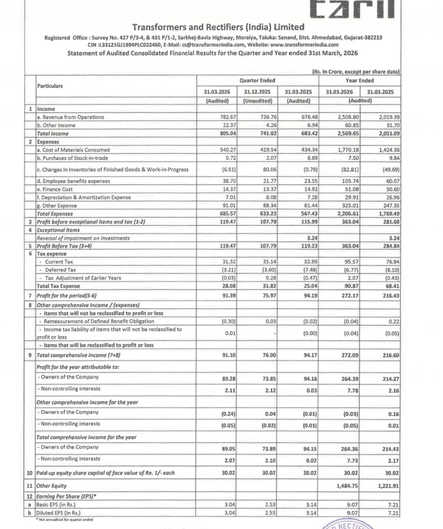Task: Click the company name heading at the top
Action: [x=221, y=27]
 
